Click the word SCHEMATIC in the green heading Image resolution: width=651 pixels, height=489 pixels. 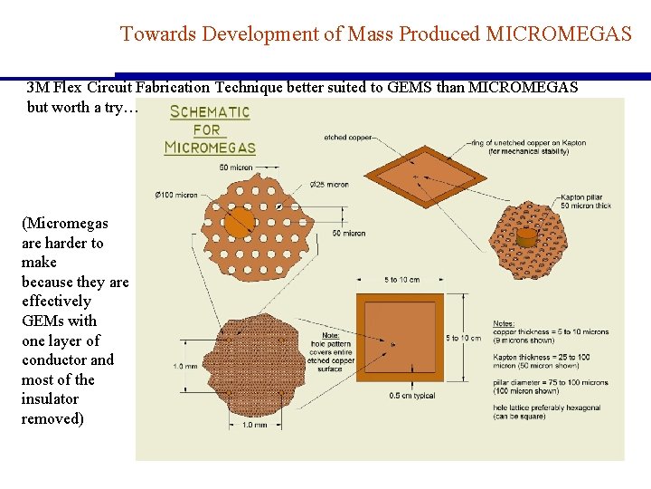pyautogui.click(x=210, y=112)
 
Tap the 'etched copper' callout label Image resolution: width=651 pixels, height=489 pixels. pyautogui.click(x=347, y=138)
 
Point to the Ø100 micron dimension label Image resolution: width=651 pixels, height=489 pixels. pyautogui.click(x=175, y=196)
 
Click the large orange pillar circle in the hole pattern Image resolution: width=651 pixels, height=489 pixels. pyautogui.click(x=240, y=221)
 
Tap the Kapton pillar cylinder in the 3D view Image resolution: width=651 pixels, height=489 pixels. pyautogui.click(x=526, y=237)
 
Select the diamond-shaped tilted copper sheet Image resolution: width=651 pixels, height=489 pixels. pyautogui.click(x=408, y=175)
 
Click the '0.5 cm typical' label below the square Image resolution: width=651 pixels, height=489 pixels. pyautogui.click(x=412, y=396)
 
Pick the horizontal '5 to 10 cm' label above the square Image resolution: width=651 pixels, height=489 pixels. pyautogui.click(x=401, y=279)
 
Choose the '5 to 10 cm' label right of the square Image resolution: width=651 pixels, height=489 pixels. pyautogui.click(x=464, y=338)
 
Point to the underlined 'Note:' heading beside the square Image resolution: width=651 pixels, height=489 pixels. pyautogui.click(x=331, y=336)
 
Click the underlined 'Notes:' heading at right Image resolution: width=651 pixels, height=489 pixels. pyautogui.click(x=504, y=323)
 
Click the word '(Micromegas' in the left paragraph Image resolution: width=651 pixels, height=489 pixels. pyautogui.click(x=64, y=223)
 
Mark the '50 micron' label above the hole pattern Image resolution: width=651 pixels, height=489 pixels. pyautogui.click(x=236, y=168)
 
